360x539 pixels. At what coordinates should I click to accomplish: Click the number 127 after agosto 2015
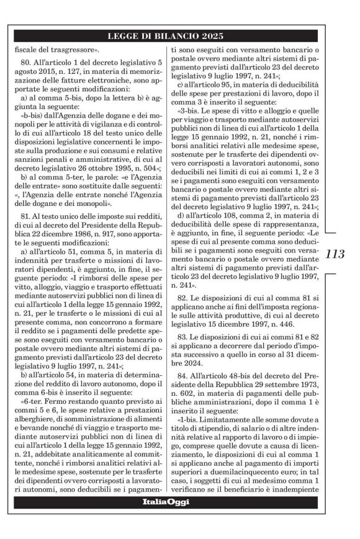click(72, 74)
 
